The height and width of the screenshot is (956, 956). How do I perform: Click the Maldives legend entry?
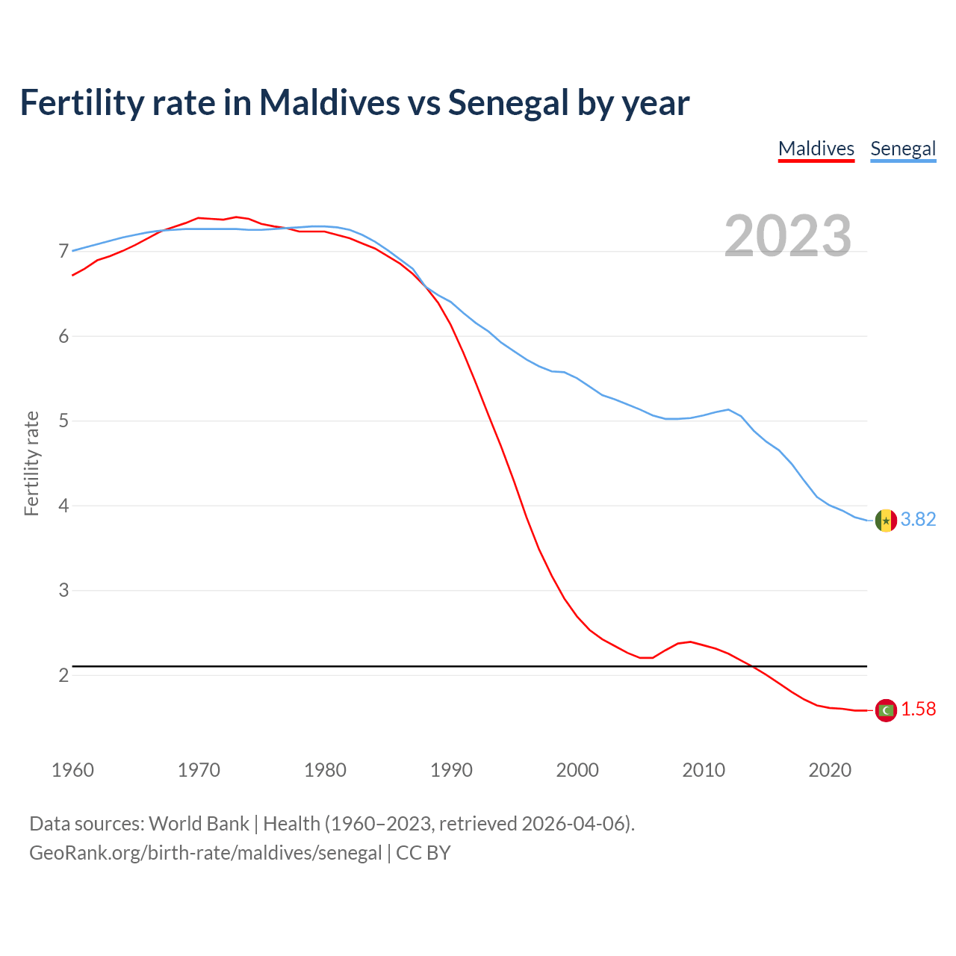[816, 149]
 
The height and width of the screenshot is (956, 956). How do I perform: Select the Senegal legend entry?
[903, 149]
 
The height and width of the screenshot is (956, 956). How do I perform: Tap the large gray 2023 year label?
[788, 236]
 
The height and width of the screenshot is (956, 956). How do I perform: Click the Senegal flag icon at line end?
[886, 520]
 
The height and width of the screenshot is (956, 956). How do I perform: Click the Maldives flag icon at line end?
[886, 710]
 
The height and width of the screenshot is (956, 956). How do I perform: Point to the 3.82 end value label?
[918, 519]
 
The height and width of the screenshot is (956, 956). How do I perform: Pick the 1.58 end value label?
[918, 709]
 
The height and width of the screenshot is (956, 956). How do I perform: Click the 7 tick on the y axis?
[63, 251]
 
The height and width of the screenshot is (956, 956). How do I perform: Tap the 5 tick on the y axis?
[63, 420]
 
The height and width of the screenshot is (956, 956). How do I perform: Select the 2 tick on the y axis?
[63, 675]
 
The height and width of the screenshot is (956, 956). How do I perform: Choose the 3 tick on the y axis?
[63, 590]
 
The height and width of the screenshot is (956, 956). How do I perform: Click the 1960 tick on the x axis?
[72, 770]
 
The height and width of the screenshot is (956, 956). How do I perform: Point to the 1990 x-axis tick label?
[451, 770]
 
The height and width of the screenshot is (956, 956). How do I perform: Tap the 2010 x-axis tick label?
[704, 770]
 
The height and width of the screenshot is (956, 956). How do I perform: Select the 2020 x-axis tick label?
[830, 770]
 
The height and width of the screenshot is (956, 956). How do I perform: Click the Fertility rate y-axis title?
[31, 463]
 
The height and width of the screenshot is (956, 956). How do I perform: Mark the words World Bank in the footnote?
[199, 824]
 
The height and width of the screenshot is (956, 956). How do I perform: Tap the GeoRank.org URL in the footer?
[205, 853]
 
